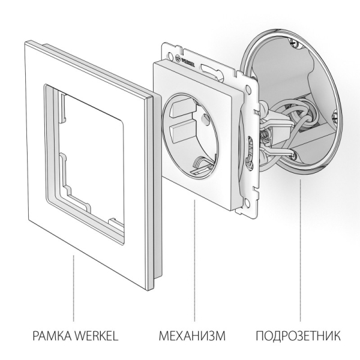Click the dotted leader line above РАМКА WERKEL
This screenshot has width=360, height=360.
(74, 288)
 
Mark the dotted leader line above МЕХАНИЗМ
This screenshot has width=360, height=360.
(193, 258)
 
